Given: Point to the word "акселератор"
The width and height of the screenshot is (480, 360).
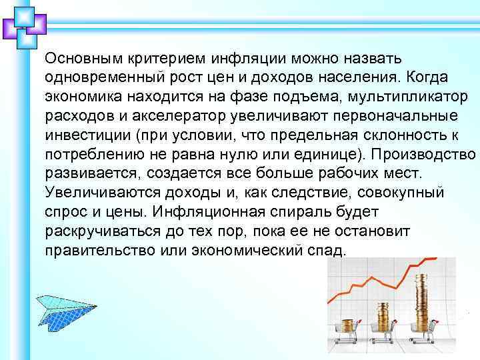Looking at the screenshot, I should pos(181,116).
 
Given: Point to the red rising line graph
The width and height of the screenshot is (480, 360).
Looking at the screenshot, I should pos(373,280).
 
